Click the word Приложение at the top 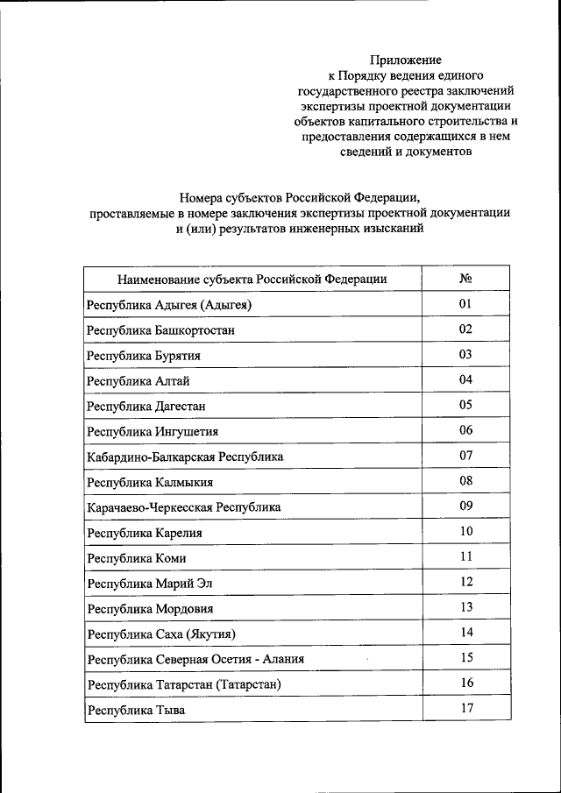coord(404,60)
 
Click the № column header coord(466,279)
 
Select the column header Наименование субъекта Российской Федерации coord(252,280)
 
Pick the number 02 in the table coord(466,329)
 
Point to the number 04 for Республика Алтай coord(466,380)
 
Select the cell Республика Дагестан coord(146,407)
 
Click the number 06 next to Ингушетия coord(466,430)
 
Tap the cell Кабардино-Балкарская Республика coord(185,457)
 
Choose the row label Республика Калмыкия coord(150,483)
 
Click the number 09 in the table coord(466,506)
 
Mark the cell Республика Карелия coord(145,533)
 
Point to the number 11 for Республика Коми coord(466,557)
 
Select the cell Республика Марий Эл coord(150,584)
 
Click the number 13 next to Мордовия coord(466,608)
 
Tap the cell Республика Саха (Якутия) coord(162,634)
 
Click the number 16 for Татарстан coord(466,683)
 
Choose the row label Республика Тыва coord(136,711)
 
